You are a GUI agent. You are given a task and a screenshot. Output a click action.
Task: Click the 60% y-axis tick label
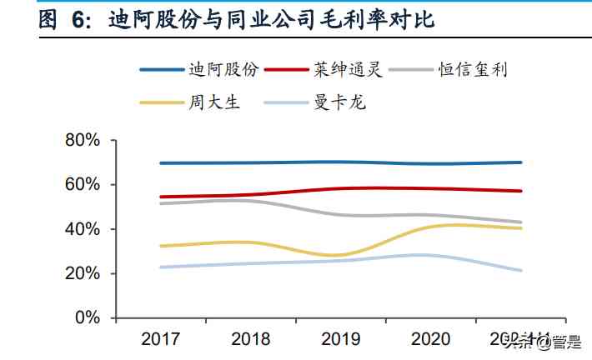click(83, 184)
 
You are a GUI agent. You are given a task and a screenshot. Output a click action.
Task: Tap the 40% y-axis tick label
click(83, 229)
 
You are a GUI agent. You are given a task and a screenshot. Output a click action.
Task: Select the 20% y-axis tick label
click(83, 273)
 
